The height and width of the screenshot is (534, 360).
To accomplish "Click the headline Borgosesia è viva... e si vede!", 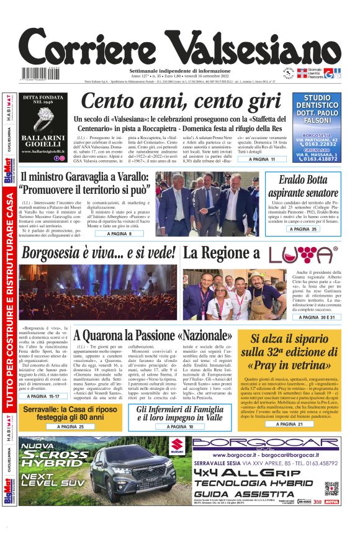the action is coord(97,253).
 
